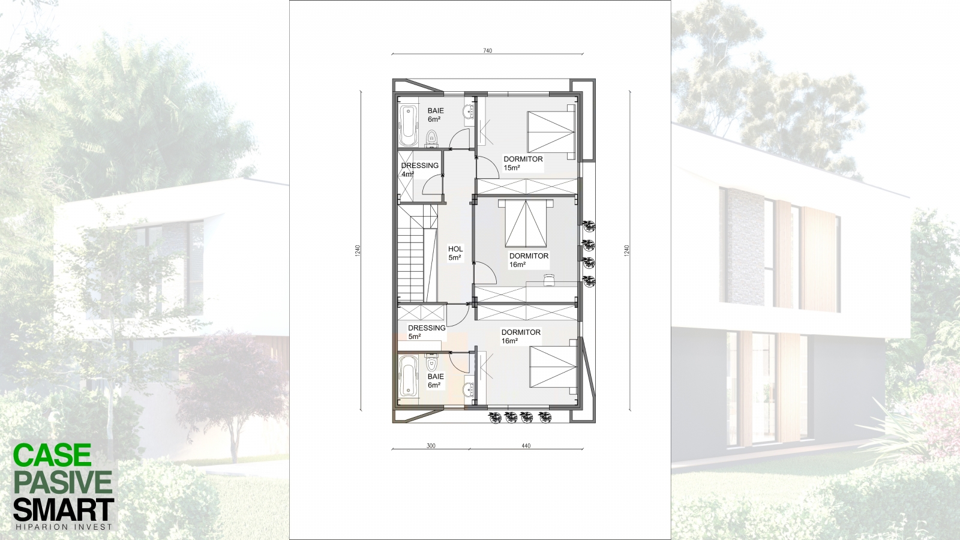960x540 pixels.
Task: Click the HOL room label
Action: pos(455,253)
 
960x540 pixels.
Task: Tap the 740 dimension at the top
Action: pos(488,50)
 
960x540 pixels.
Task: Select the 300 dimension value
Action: pos(431,446)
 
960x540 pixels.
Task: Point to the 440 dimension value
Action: pos(526,446)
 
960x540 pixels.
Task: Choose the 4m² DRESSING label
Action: pos(419,170)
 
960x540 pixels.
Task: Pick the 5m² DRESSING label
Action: pos(427,332)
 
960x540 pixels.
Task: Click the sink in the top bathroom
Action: pos(468,112)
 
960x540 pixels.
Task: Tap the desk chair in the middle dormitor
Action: pos(549,280)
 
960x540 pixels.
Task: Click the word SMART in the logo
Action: pos(64,509)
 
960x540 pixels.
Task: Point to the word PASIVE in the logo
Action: pos(63,482)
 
